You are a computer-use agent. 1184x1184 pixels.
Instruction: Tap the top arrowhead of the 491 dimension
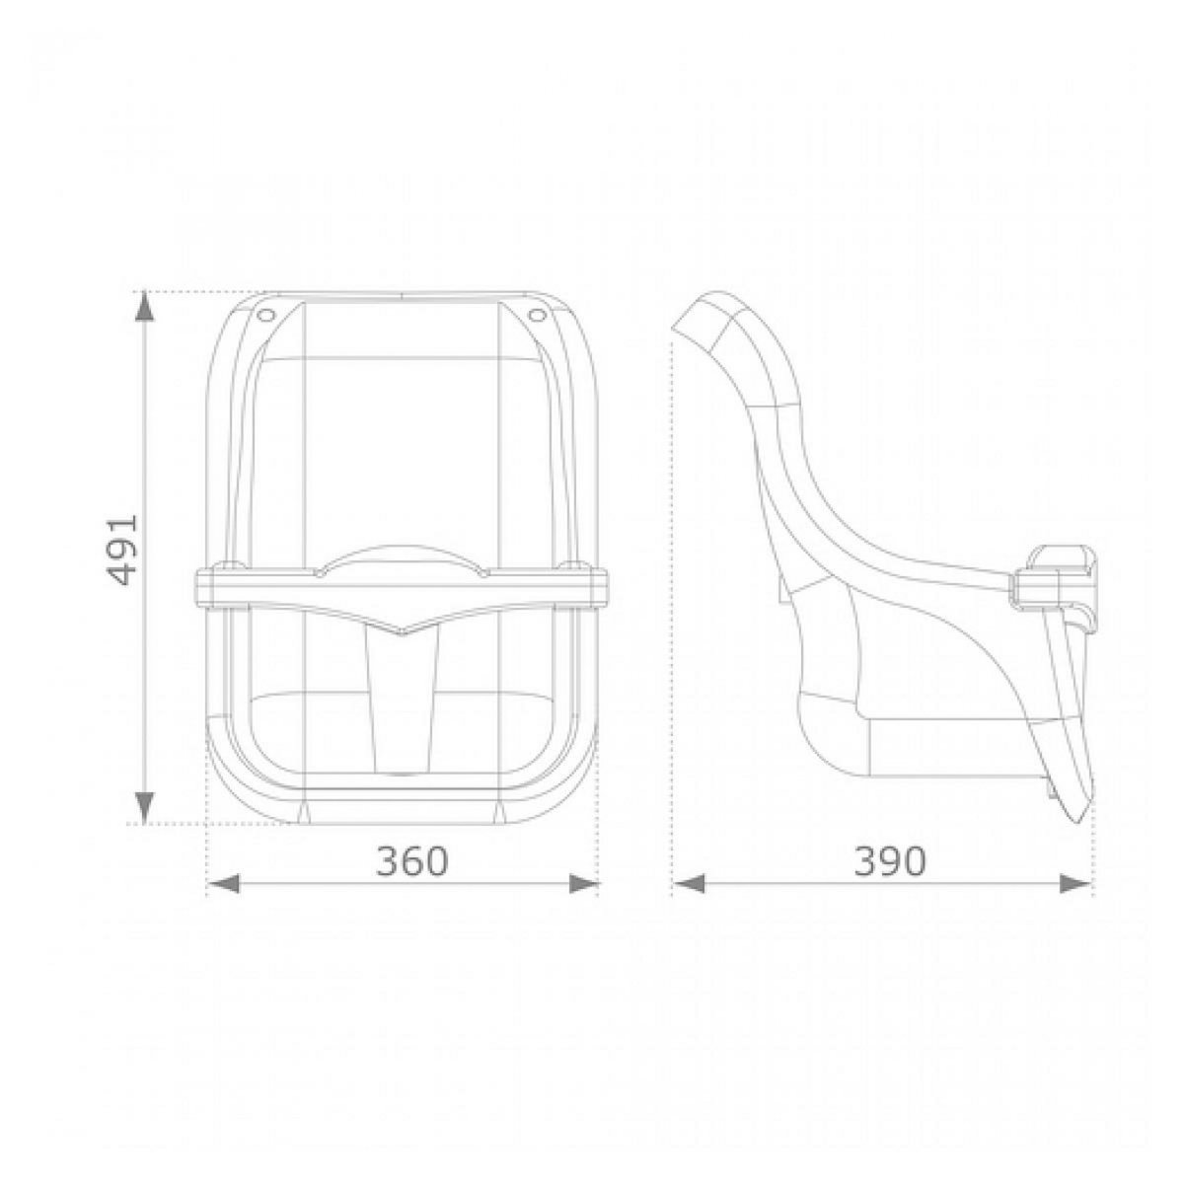click(x=144, y=305)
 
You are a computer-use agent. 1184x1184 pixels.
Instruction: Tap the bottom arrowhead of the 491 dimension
click(x=144, y=808)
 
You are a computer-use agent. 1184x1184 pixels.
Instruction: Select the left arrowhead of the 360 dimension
click(x=223, y=884)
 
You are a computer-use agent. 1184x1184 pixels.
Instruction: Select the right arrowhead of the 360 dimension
click(x=583, y=884)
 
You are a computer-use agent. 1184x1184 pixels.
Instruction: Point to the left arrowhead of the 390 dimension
click(x=688, y=884)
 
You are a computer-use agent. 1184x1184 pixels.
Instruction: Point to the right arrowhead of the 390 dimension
click(x=1076, y=884)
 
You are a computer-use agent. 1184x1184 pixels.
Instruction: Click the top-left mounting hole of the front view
click(x=266, y=315)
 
